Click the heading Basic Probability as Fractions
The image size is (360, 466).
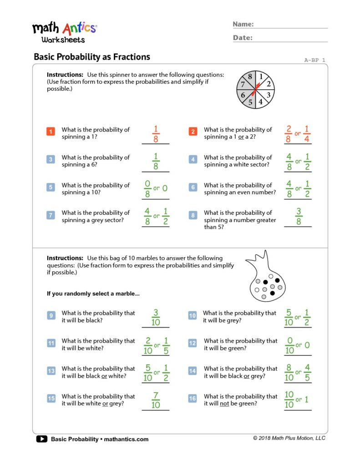pos(91,57)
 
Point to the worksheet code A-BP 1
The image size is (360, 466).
pos(314,60)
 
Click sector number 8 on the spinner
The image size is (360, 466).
pos(250,77)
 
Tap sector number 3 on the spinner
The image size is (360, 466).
pos(269,95)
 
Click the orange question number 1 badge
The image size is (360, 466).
pos(51,132)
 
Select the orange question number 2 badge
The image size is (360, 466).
pos(193,132)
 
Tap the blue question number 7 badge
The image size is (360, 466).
pos(51,215)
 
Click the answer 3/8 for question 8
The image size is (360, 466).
pos(299,216)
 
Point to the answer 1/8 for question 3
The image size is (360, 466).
pos(156,161)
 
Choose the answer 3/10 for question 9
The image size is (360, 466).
pos(156,317)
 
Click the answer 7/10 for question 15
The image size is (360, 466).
pos(156,400)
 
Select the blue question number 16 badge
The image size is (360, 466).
pos(193,399)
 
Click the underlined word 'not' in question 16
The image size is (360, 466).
pos(224,404)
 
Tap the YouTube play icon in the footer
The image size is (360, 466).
pos(41,439)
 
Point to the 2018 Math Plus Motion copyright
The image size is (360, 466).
pos(289,438)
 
